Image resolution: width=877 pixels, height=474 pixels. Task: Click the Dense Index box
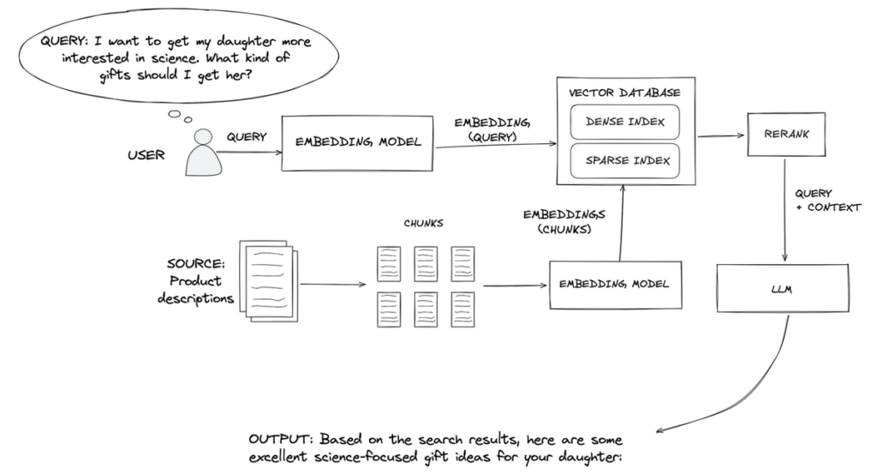(x=624, y=123)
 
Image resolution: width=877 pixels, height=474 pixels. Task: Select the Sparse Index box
(x=624, y=160)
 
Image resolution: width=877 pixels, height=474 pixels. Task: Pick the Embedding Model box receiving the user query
(x=358, y=142)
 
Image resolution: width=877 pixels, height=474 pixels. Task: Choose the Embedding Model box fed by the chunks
(x=616, y=284)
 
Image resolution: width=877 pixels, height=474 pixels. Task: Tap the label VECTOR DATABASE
(x=624, y=92)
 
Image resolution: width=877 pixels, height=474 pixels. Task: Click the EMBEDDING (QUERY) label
(x=487, y=129)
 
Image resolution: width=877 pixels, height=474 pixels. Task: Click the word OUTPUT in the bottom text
(x=272, y=439)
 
